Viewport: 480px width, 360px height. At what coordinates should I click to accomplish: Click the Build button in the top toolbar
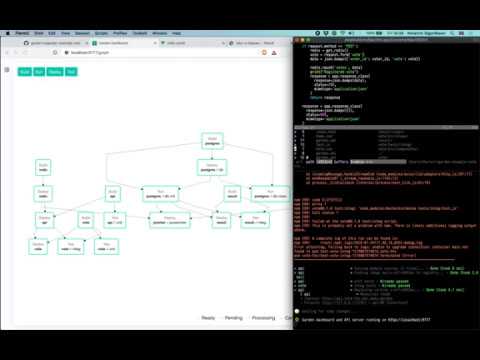click(x=24, y=73)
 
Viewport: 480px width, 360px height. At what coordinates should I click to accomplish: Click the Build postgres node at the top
click(x=212, y=141)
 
